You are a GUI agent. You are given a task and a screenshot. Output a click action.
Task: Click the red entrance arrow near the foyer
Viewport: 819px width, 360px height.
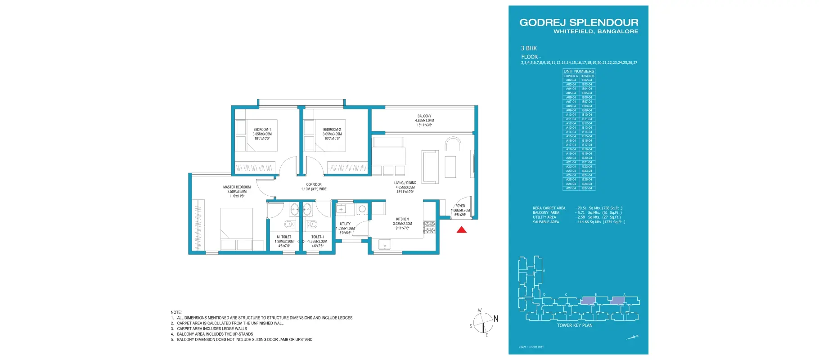(461, 230)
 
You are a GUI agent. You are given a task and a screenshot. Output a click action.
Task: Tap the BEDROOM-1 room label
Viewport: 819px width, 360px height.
(262, 130)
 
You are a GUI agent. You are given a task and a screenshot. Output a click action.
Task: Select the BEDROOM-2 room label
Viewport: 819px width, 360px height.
(332, 130)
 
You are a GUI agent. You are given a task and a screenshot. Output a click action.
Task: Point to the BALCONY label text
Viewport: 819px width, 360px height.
(424, 116)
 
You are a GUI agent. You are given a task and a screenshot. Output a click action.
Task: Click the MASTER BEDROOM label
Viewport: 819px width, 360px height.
(237, 187)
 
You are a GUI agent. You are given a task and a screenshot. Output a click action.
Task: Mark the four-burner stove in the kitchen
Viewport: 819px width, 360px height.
(430, 227)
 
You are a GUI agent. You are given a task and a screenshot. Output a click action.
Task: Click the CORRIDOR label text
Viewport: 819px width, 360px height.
(314, 184)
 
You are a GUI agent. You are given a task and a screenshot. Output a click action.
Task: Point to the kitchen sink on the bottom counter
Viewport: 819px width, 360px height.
(385, 245)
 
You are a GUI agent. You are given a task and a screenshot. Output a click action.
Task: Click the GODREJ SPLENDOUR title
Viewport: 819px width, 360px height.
(579, 22)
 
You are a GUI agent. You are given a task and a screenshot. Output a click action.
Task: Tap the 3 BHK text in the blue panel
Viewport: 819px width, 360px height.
(529, 48)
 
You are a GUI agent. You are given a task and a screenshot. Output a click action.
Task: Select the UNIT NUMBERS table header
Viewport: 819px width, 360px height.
(579, 71)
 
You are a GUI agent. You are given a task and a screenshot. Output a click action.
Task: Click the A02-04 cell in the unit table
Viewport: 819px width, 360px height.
(571, 80)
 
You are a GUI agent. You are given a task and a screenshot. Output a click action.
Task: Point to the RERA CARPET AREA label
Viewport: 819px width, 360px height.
(549, 208)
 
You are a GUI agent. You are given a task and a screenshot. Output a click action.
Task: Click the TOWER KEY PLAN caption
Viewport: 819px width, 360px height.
(574, 325)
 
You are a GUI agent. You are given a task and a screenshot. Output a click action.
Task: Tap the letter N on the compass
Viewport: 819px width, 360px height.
(496, 319)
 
